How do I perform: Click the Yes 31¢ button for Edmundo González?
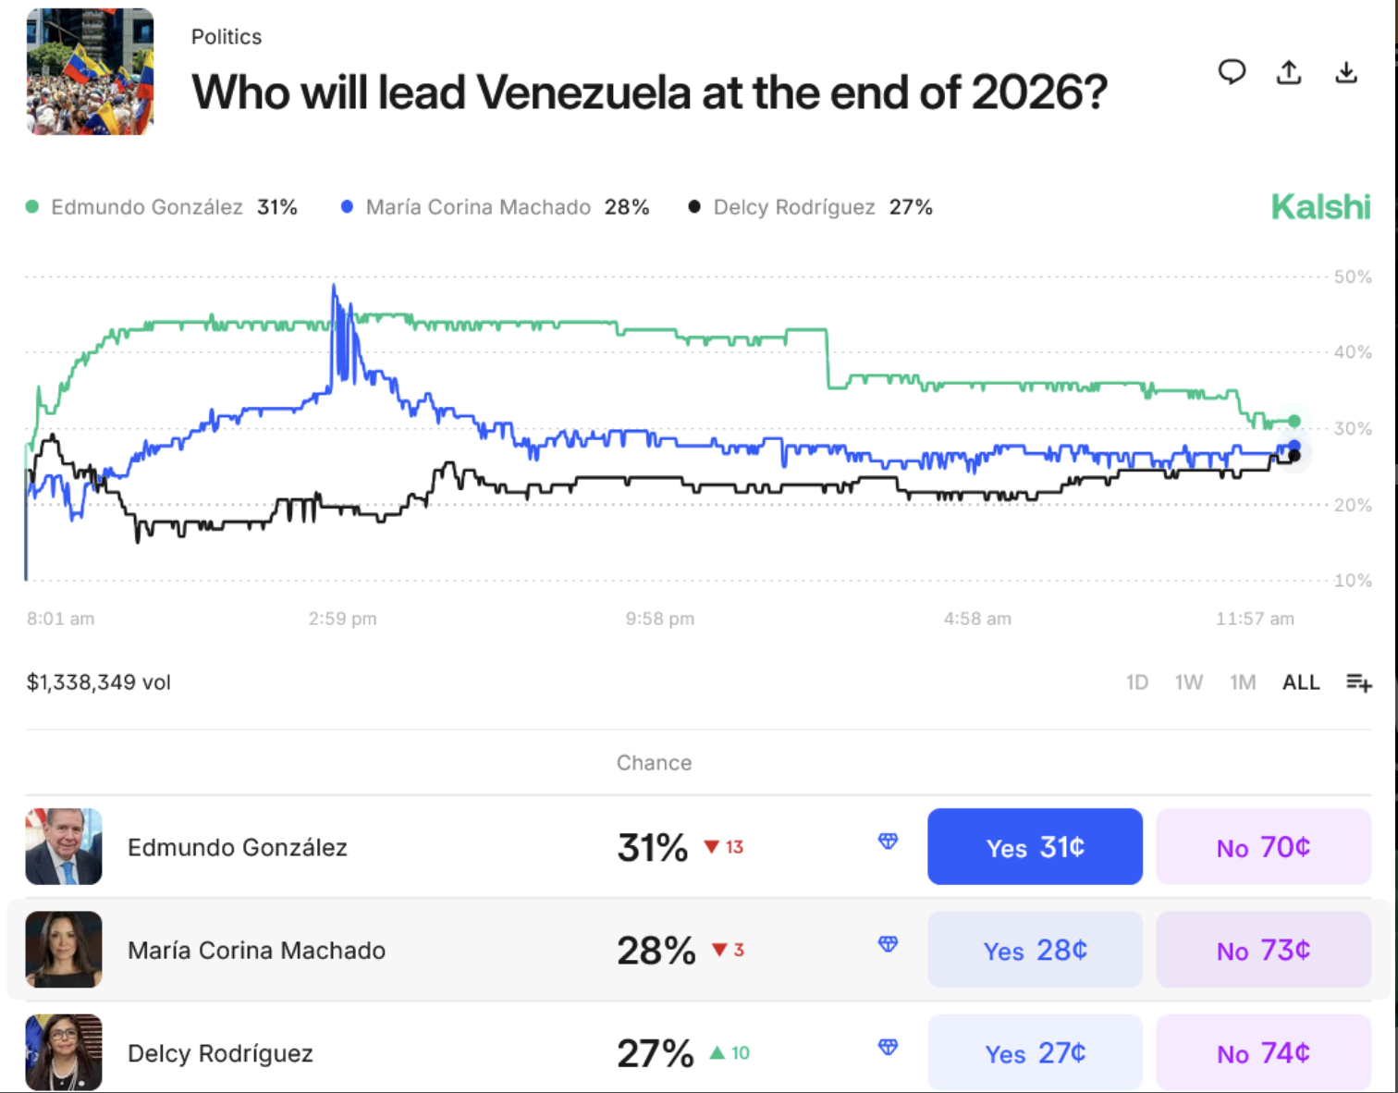[1035, 847]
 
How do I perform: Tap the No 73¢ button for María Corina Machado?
[1263, 950]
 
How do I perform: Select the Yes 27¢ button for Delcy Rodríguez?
[1035, 1052]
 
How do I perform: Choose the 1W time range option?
[1188, 682]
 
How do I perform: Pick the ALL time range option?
[1300, 682]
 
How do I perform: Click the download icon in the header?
[1346, 72]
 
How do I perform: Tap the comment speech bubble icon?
[1232, 72]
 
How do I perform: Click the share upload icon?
[1289, 72]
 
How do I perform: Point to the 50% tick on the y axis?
[1353, 276]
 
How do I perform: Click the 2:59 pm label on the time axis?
[342, 619]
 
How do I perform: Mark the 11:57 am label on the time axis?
[1255, 619]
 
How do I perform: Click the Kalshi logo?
[1320, 207]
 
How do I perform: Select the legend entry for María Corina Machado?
[495, 207]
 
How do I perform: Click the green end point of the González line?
[1294, 421]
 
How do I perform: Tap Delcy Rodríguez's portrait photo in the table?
[64, 1052]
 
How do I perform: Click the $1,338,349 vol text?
[99, 682]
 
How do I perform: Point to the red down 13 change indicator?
[724, 847]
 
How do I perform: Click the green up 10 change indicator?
[730, 1052]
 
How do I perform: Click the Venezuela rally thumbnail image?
[91, 72]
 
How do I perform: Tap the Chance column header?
[654, 763]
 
